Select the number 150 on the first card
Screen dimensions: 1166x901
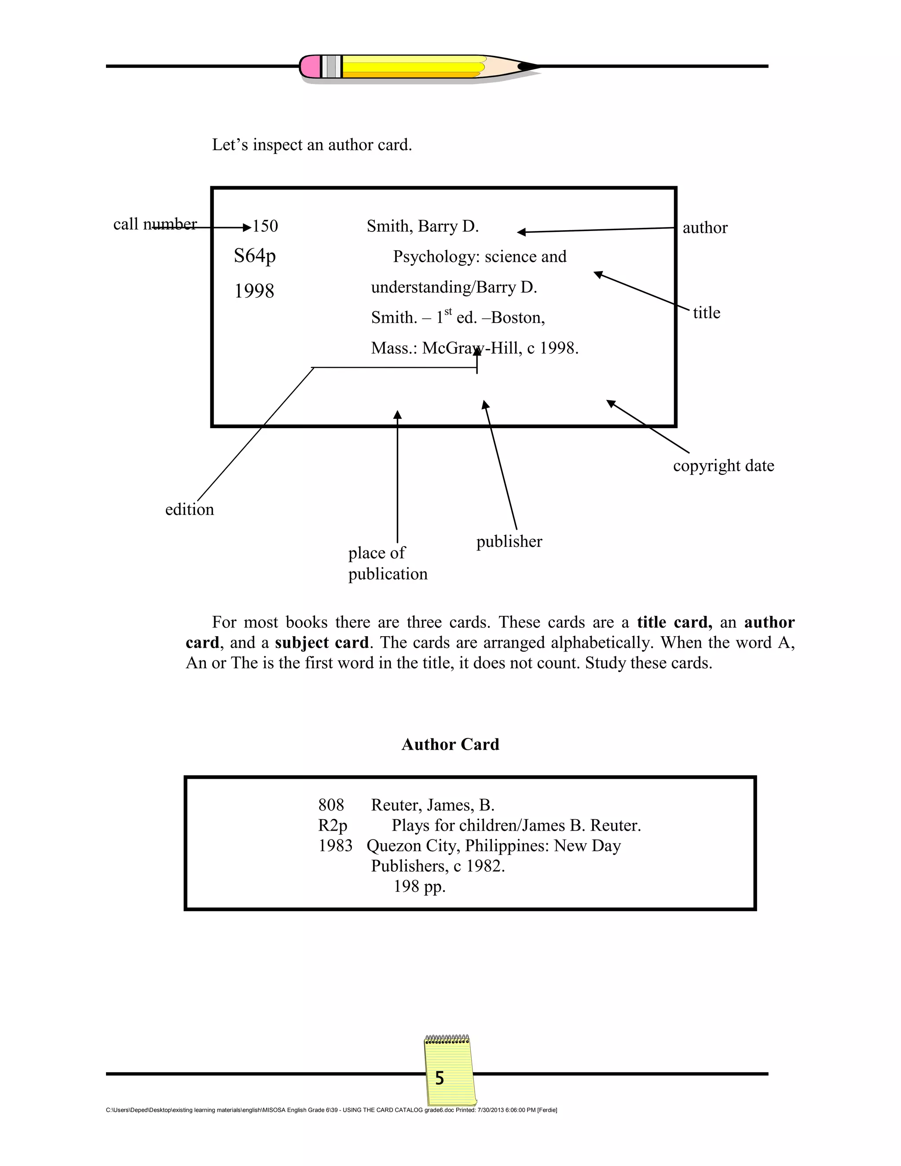coord(265,226)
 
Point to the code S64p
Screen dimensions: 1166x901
coord(255,256)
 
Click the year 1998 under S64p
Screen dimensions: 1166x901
coord(254,291)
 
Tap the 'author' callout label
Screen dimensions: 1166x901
coord(705,228)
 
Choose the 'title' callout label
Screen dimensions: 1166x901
coord(706,313)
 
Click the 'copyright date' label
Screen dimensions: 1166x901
coord(723,466)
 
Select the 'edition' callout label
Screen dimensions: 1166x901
coord(190,510)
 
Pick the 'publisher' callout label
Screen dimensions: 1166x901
coord(509,541)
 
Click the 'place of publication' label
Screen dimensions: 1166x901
coord(388,563)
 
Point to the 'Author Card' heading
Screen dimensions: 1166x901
coord(450,744)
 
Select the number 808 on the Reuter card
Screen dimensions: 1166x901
coord(331,805)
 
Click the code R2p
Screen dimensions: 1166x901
coord(333,825)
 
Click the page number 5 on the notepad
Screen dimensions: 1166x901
coord(440,1078)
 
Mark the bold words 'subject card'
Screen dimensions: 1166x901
coord(322,642)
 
